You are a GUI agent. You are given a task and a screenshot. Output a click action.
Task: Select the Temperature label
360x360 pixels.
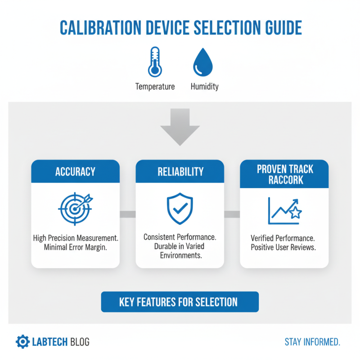click(x=155, y=86)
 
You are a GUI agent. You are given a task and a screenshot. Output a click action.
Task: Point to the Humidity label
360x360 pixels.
click(x=204, y=86)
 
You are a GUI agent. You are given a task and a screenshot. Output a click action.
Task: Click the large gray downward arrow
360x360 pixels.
click(x=180, y=127)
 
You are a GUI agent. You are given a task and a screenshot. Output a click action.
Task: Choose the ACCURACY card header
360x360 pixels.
click(x=75, y=171)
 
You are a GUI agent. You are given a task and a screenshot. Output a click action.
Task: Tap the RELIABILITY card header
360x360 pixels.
click(x=180, y=171)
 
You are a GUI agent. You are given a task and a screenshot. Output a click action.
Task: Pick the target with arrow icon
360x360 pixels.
click(x=75, y=208)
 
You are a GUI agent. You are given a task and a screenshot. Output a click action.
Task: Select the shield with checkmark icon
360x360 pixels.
click(x=180, y=208)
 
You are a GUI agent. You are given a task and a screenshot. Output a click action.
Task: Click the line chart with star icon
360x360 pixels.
click(x=284, y=210)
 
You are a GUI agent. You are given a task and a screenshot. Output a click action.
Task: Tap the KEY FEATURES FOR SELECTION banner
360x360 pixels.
click(x=180, y=301)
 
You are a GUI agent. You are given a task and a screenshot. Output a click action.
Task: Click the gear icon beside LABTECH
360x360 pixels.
click(x=22, y=342)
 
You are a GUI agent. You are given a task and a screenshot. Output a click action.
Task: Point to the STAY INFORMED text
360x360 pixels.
click(x=312, y=342)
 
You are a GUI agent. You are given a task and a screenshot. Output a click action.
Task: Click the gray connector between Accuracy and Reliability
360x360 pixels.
click(x=128, y=214)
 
